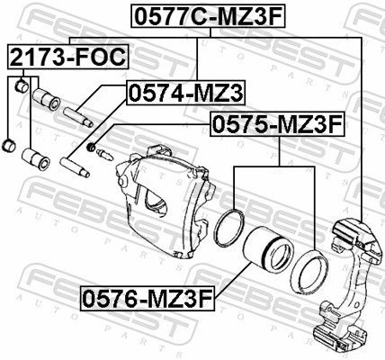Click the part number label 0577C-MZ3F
pos(209,15)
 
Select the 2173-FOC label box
pos(68,58)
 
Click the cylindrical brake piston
pos(268,253)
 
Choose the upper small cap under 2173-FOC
pos(19,87)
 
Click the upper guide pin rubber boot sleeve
pos(41,96)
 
